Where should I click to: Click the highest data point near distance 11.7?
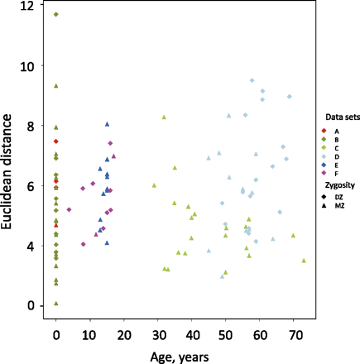pyautogui.click(x=55, y=15)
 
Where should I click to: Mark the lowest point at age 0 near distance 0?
pyautogui.click(x=55, y=304)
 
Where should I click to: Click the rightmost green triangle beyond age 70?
pyautogui.click(x=304, y=261)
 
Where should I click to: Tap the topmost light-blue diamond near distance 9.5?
pyautogui.click(x=252, y=80)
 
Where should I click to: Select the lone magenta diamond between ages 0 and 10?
pyautogui.click(x=69, y=209)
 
